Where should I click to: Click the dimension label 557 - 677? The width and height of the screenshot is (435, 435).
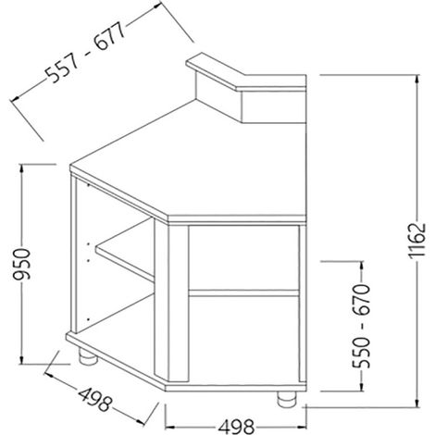(86, 53)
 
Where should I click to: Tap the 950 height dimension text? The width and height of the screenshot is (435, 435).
(22, 264)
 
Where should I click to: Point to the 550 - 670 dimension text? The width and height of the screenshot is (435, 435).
(361, 326)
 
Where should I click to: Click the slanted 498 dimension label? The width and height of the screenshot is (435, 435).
(94, 400)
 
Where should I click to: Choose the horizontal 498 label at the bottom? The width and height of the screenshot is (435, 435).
(236, 428)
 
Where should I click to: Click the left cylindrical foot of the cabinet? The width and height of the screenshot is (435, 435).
(88, 356)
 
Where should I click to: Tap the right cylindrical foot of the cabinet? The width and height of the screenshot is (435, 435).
(287, 400)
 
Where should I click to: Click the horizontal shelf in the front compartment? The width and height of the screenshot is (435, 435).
(243, 293)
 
